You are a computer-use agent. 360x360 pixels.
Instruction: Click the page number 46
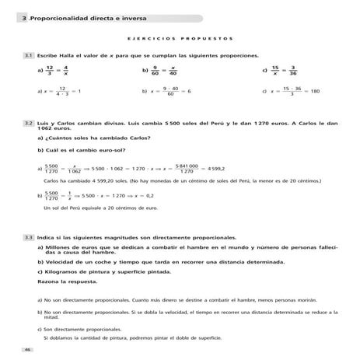coord(27,351)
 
